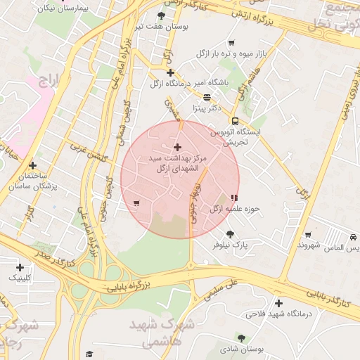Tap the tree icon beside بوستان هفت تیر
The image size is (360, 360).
162,15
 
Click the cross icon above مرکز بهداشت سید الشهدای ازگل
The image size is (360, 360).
176,147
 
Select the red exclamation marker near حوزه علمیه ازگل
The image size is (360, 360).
233,198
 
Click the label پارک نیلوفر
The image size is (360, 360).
231,245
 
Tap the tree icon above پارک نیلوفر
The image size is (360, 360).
230,234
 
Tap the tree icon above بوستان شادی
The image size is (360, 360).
241,338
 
